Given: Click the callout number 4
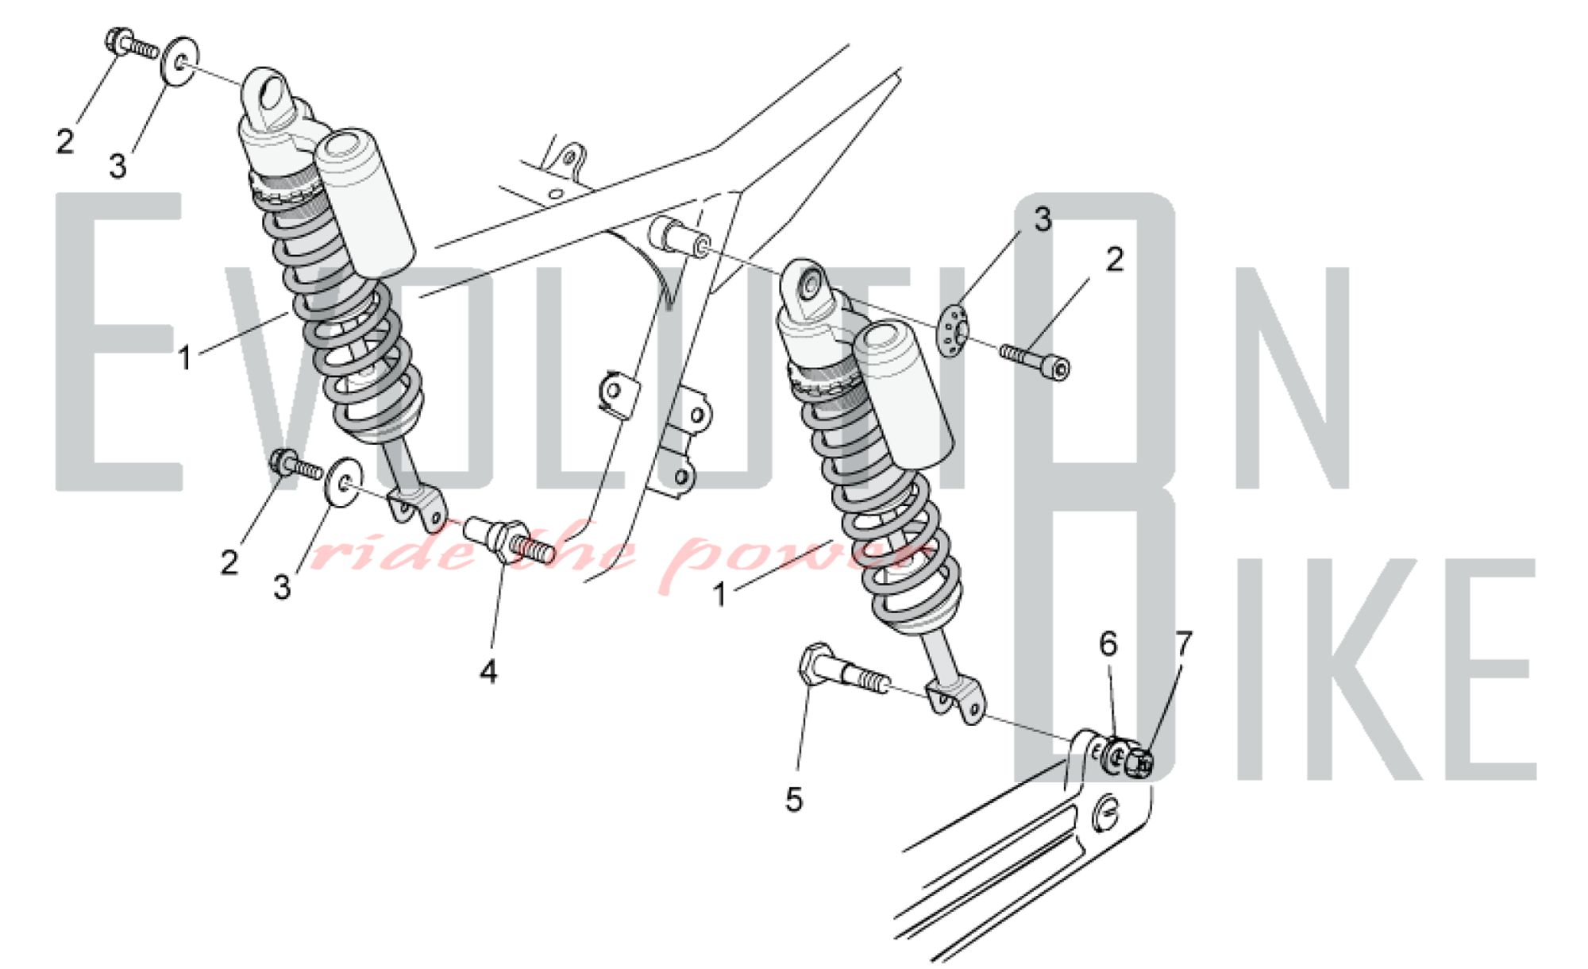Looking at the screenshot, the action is tap(488, 672).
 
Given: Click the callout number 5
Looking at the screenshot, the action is tap(794, 800).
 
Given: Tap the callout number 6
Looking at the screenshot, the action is tap(1108, 643).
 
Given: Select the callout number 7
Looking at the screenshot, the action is tap(1184, 643).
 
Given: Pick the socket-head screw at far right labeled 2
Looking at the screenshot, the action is tap(1035, 359).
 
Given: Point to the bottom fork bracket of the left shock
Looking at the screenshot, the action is tap(418, 509).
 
